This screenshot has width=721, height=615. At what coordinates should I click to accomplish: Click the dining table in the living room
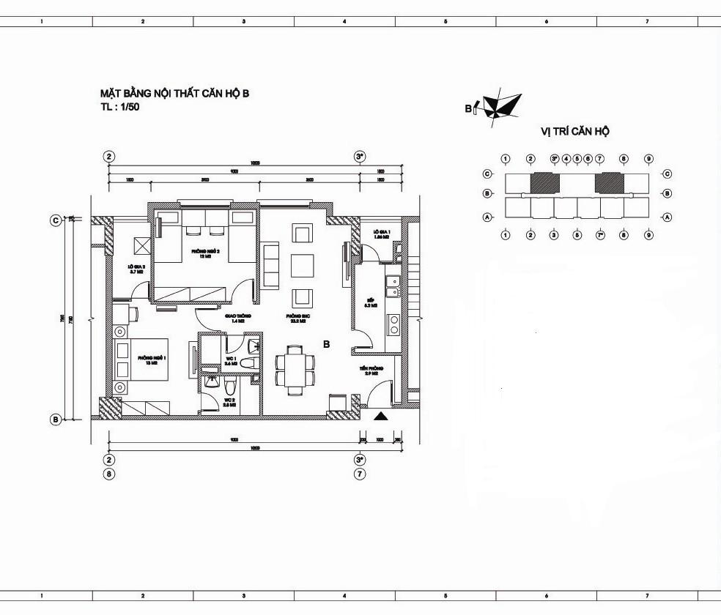click(x=295, y=369)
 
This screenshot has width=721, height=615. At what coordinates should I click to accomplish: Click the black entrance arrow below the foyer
click(x=381, y=417)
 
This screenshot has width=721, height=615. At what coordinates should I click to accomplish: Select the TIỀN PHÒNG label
click(x=368, y=370)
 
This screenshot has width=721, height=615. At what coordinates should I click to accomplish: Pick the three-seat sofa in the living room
click(x=270, y=265)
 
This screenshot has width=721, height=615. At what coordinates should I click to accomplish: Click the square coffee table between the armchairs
click(x=302, y=265)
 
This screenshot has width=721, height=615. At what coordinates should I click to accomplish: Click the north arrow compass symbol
click(x=502, y=104)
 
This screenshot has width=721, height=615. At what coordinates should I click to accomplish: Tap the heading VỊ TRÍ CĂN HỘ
click(x=575, y=132)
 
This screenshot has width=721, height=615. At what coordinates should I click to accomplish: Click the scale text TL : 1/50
click(x=120, y=107)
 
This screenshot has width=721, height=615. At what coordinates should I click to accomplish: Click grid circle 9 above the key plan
click(x=648, y=159)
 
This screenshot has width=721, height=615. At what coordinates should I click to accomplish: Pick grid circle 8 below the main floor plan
click(x=109, y=474)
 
